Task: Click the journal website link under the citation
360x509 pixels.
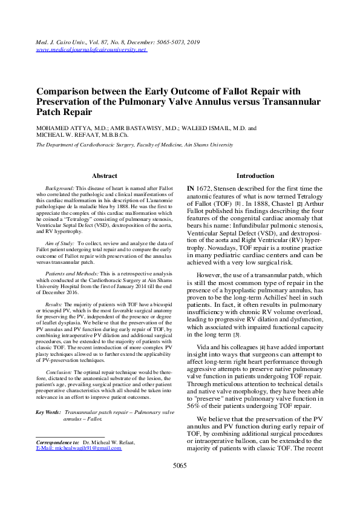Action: [92, 49]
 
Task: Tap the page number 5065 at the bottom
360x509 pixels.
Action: [180, 482]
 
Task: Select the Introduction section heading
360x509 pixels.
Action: [255, 176]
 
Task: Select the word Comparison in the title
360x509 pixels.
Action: [66, 91]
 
